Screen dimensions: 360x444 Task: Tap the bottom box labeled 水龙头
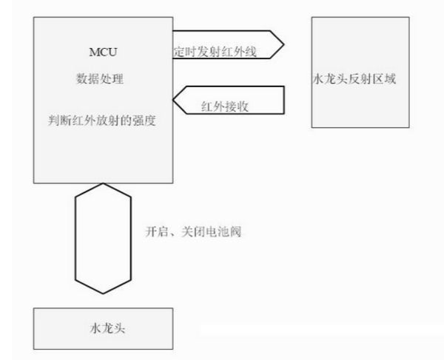point(103,328)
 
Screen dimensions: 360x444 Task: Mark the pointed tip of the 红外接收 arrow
point(175,101)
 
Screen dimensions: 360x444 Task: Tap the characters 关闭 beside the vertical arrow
point(188,231)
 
